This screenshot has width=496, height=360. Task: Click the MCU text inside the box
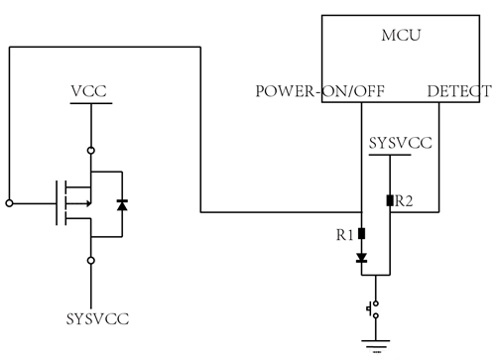(403, 37)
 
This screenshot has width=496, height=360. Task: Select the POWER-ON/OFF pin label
(321, 92)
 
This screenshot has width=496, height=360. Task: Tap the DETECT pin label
(457, 92)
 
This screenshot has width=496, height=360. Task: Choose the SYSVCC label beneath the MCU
(400, 143)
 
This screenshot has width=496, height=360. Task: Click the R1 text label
(345, 235)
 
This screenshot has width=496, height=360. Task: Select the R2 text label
(404, 200)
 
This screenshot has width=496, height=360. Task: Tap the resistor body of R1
(361, 235)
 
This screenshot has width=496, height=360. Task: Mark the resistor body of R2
(390, 200)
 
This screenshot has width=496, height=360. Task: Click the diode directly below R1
(361, 258)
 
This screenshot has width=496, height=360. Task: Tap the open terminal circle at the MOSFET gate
(9, 203)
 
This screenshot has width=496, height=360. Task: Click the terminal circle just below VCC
(91, 150)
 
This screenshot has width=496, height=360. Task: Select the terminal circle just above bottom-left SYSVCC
(91, 260)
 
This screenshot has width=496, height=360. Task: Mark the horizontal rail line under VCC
(90, 105)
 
